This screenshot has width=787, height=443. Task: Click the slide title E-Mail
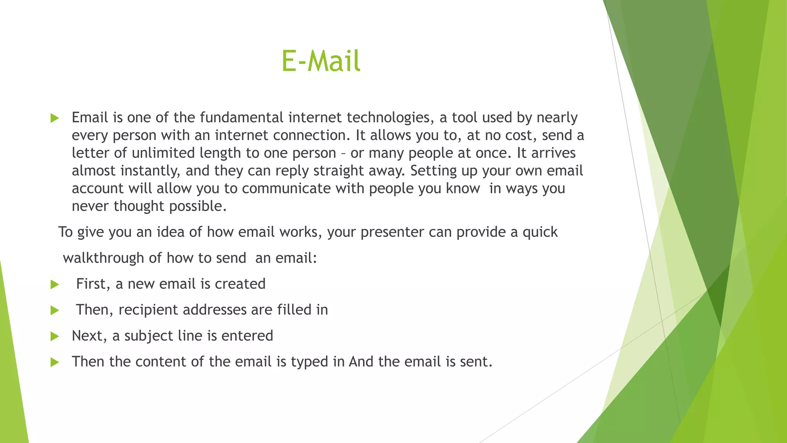321,61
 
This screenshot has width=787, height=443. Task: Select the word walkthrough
103,258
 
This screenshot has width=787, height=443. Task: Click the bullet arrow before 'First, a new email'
55,285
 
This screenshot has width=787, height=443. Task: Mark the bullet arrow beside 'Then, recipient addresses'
55,310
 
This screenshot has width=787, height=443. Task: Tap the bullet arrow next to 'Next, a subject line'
55,336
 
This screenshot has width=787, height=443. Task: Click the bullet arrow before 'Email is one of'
55,118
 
